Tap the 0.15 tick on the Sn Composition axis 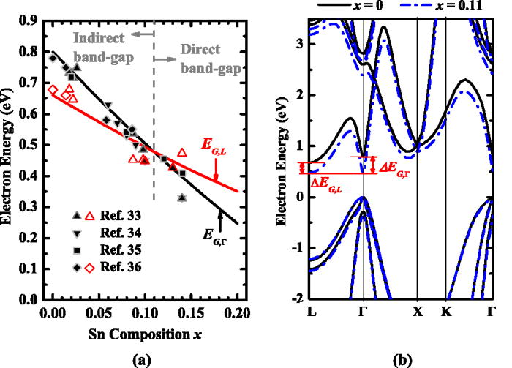[191, 311]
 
